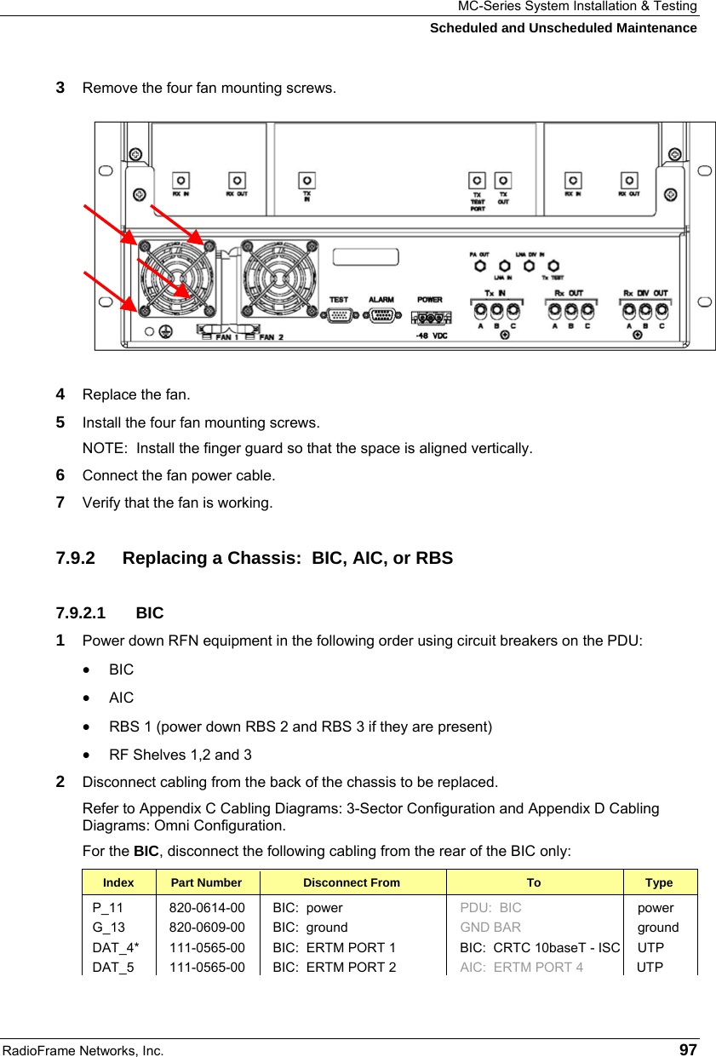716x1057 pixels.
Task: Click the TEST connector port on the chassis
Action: (339, 316)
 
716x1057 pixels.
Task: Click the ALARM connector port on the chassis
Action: (381, 316)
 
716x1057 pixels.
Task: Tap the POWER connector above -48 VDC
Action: (429, 319)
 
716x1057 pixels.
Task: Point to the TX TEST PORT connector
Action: (478, 181)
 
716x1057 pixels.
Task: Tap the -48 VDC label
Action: (431, 336)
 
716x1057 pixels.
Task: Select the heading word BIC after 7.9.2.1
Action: (150, 613)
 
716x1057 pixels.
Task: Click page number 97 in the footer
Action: (688, 1049)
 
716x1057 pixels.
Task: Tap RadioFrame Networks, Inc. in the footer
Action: (83, 1050)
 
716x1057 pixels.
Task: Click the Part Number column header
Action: (206, 882)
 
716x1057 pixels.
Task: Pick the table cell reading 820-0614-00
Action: (207, 908)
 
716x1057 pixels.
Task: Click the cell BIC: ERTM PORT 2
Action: (334, 967)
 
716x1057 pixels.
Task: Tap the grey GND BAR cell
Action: (490, 928)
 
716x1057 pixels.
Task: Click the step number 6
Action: (60, 475)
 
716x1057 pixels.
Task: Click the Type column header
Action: (659, 882)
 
